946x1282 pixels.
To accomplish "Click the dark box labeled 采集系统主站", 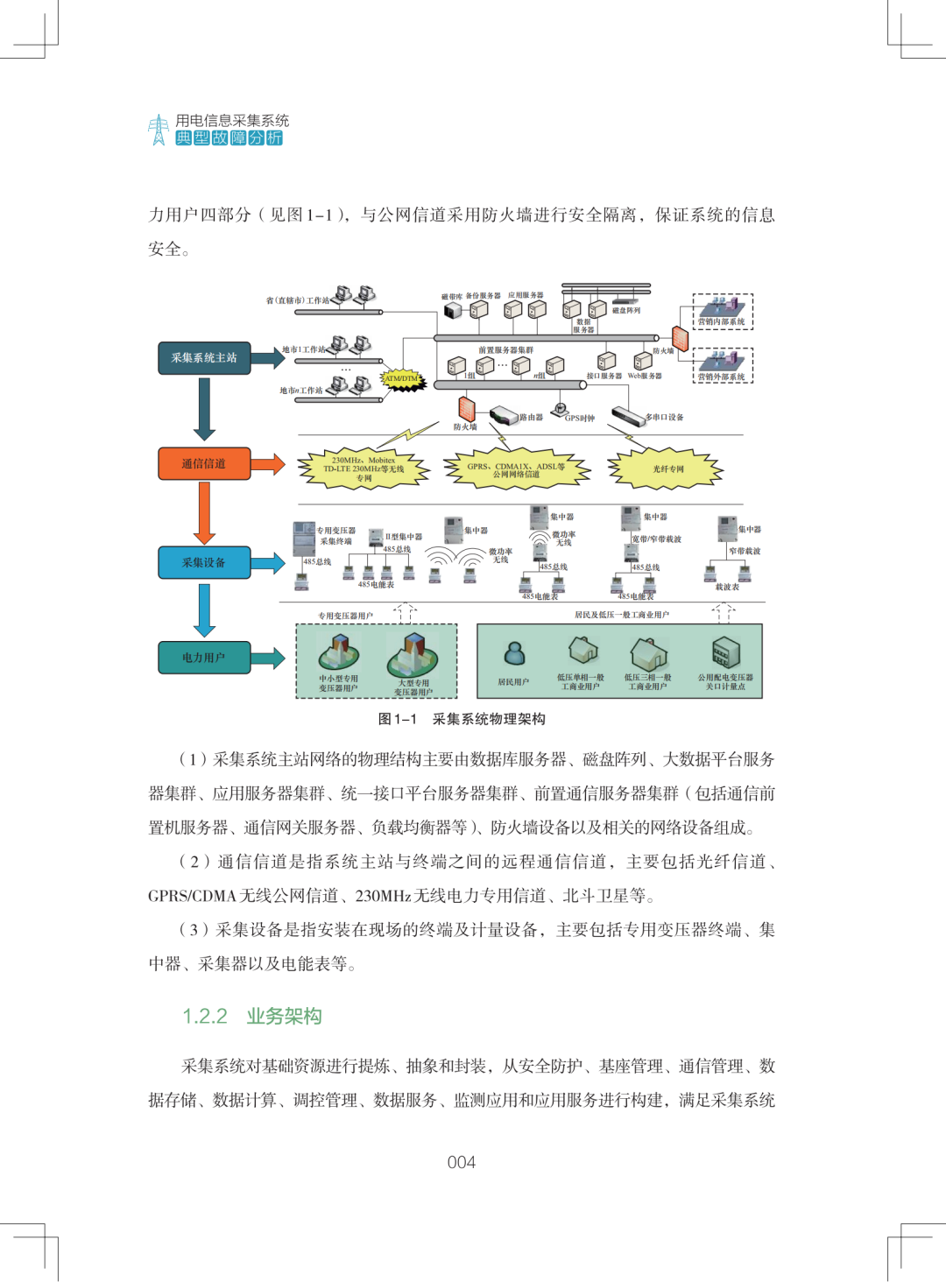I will tap(204, 358).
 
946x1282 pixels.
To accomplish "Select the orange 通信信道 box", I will tap(204, 464).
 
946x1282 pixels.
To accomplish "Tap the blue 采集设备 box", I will tap(204, 563).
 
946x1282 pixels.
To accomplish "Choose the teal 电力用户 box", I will tap(204, 658).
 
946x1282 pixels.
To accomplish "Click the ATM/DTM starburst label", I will tap(402, 379).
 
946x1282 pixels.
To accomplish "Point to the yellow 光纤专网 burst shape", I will tap(667, 469).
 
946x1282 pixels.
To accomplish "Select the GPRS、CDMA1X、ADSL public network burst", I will tap(516, 470).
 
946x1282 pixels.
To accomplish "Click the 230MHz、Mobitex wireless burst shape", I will tap(364, 469).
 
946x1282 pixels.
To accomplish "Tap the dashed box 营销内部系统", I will tap(722, 312).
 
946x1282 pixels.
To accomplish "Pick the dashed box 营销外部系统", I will tap(722, 365).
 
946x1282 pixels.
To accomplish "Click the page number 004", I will tap(462, 1162).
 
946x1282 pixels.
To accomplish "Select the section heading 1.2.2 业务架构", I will tap(252, 1016).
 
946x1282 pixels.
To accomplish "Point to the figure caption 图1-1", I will tap(462, 719).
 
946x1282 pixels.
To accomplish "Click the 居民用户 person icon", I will tap(514, 653).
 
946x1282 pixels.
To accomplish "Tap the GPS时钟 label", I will tap(579, 419).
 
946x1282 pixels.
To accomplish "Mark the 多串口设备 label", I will tap(664, 417).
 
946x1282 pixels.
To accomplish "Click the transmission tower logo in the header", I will tap(159, 130).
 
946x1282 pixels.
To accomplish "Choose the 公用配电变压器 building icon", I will tap(725, 652).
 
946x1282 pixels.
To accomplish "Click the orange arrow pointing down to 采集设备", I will tap(204, 512).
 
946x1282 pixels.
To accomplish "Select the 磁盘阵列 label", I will tap(625, 310).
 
